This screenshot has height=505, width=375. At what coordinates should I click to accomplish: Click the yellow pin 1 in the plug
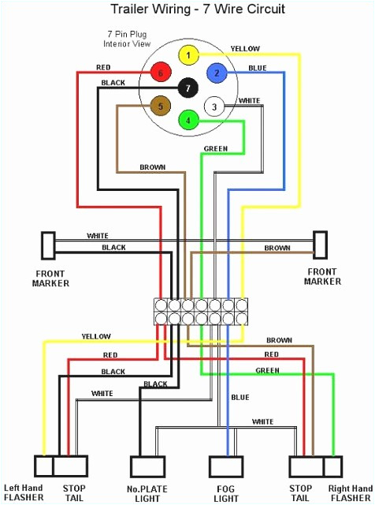[188, 55]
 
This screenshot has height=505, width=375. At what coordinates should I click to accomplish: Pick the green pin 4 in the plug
[188, 121]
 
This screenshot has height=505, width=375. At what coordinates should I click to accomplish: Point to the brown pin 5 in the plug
[160, 105]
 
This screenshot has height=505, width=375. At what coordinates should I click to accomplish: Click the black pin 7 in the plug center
[187, 88]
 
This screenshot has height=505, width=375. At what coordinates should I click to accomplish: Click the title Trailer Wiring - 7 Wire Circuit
[187, 10]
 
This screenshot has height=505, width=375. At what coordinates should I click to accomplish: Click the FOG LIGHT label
[226, 492]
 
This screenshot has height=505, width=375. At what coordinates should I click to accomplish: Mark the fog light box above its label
[225, 467]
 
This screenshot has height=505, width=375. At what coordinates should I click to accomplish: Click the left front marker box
[48, 245]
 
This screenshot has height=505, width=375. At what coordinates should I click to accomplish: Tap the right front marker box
[320, 245]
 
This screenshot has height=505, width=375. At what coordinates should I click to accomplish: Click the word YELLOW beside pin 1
[244, 49]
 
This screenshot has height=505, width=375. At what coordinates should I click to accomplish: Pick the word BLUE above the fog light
[240, 396]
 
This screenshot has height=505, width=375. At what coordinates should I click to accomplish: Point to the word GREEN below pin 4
[216, 148]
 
